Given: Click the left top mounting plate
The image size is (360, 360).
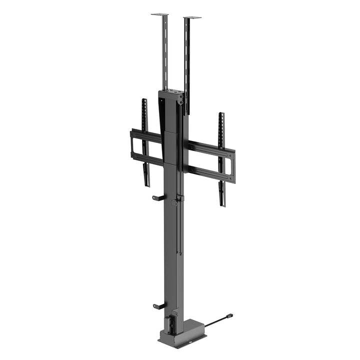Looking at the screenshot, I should [159, 14].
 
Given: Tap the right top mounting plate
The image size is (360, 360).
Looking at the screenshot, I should [192, 18].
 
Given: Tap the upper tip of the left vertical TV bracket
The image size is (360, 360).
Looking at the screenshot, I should [144, 101].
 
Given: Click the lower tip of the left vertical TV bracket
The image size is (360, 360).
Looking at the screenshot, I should [147, 184].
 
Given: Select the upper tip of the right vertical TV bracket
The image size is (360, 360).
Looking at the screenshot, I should [221, 115].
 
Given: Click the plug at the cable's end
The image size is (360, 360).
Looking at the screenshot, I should [229, 316].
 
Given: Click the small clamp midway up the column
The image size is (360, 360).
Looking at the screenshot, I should [175, 202].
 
